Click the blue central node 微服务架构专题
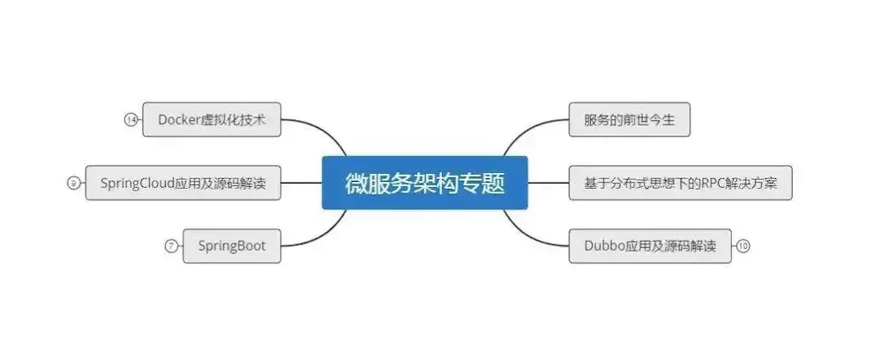[x=424, y=184]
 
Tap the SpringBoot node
[x=232, y=246]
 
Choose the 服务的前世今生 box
[x=629, y=120]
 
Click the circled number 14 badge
[x=131, y=120]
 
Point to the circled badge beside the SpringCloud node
[x=72, y=184]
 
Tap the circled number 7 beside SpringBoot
[x=170, y=246]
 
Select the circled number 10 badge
[x=743, y=246]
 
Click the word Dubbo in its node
[x=603, y=246]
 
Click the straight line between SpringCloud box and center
[x=301, y=184]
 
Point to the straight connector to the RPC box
[x=548, y=184]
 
